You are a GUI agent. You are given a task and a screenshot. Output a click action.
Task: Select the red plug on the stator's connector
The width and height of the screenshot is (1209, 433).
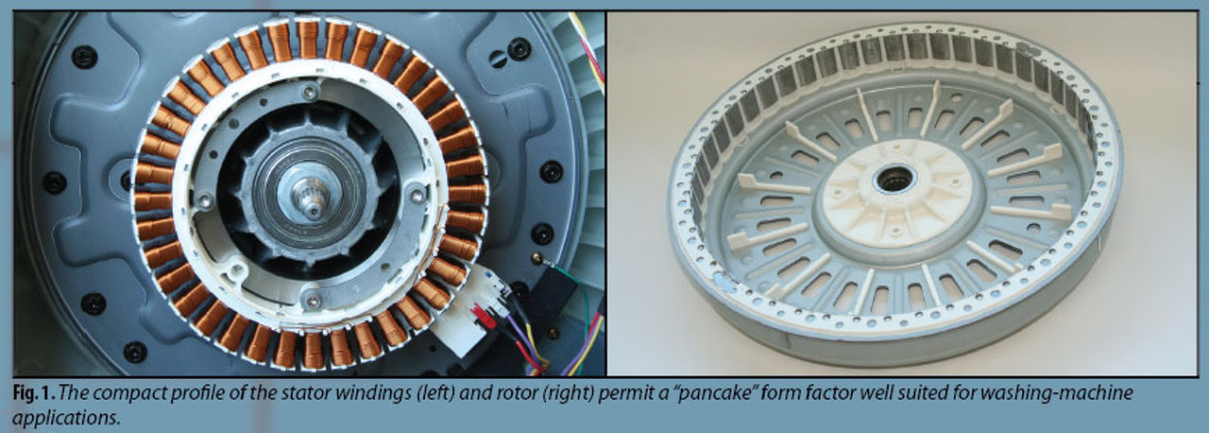485,317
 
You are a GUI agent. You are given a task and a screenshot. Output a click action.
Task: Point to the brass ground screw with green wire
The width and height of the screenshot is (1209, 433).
538,257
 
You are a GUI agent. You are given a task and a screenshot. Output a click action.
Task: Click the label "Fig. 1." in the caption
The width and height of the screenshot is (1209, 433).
34,393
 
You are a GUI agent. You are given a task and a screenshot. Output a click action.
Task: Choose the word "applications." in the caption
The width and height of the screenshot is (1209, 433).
65,418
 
